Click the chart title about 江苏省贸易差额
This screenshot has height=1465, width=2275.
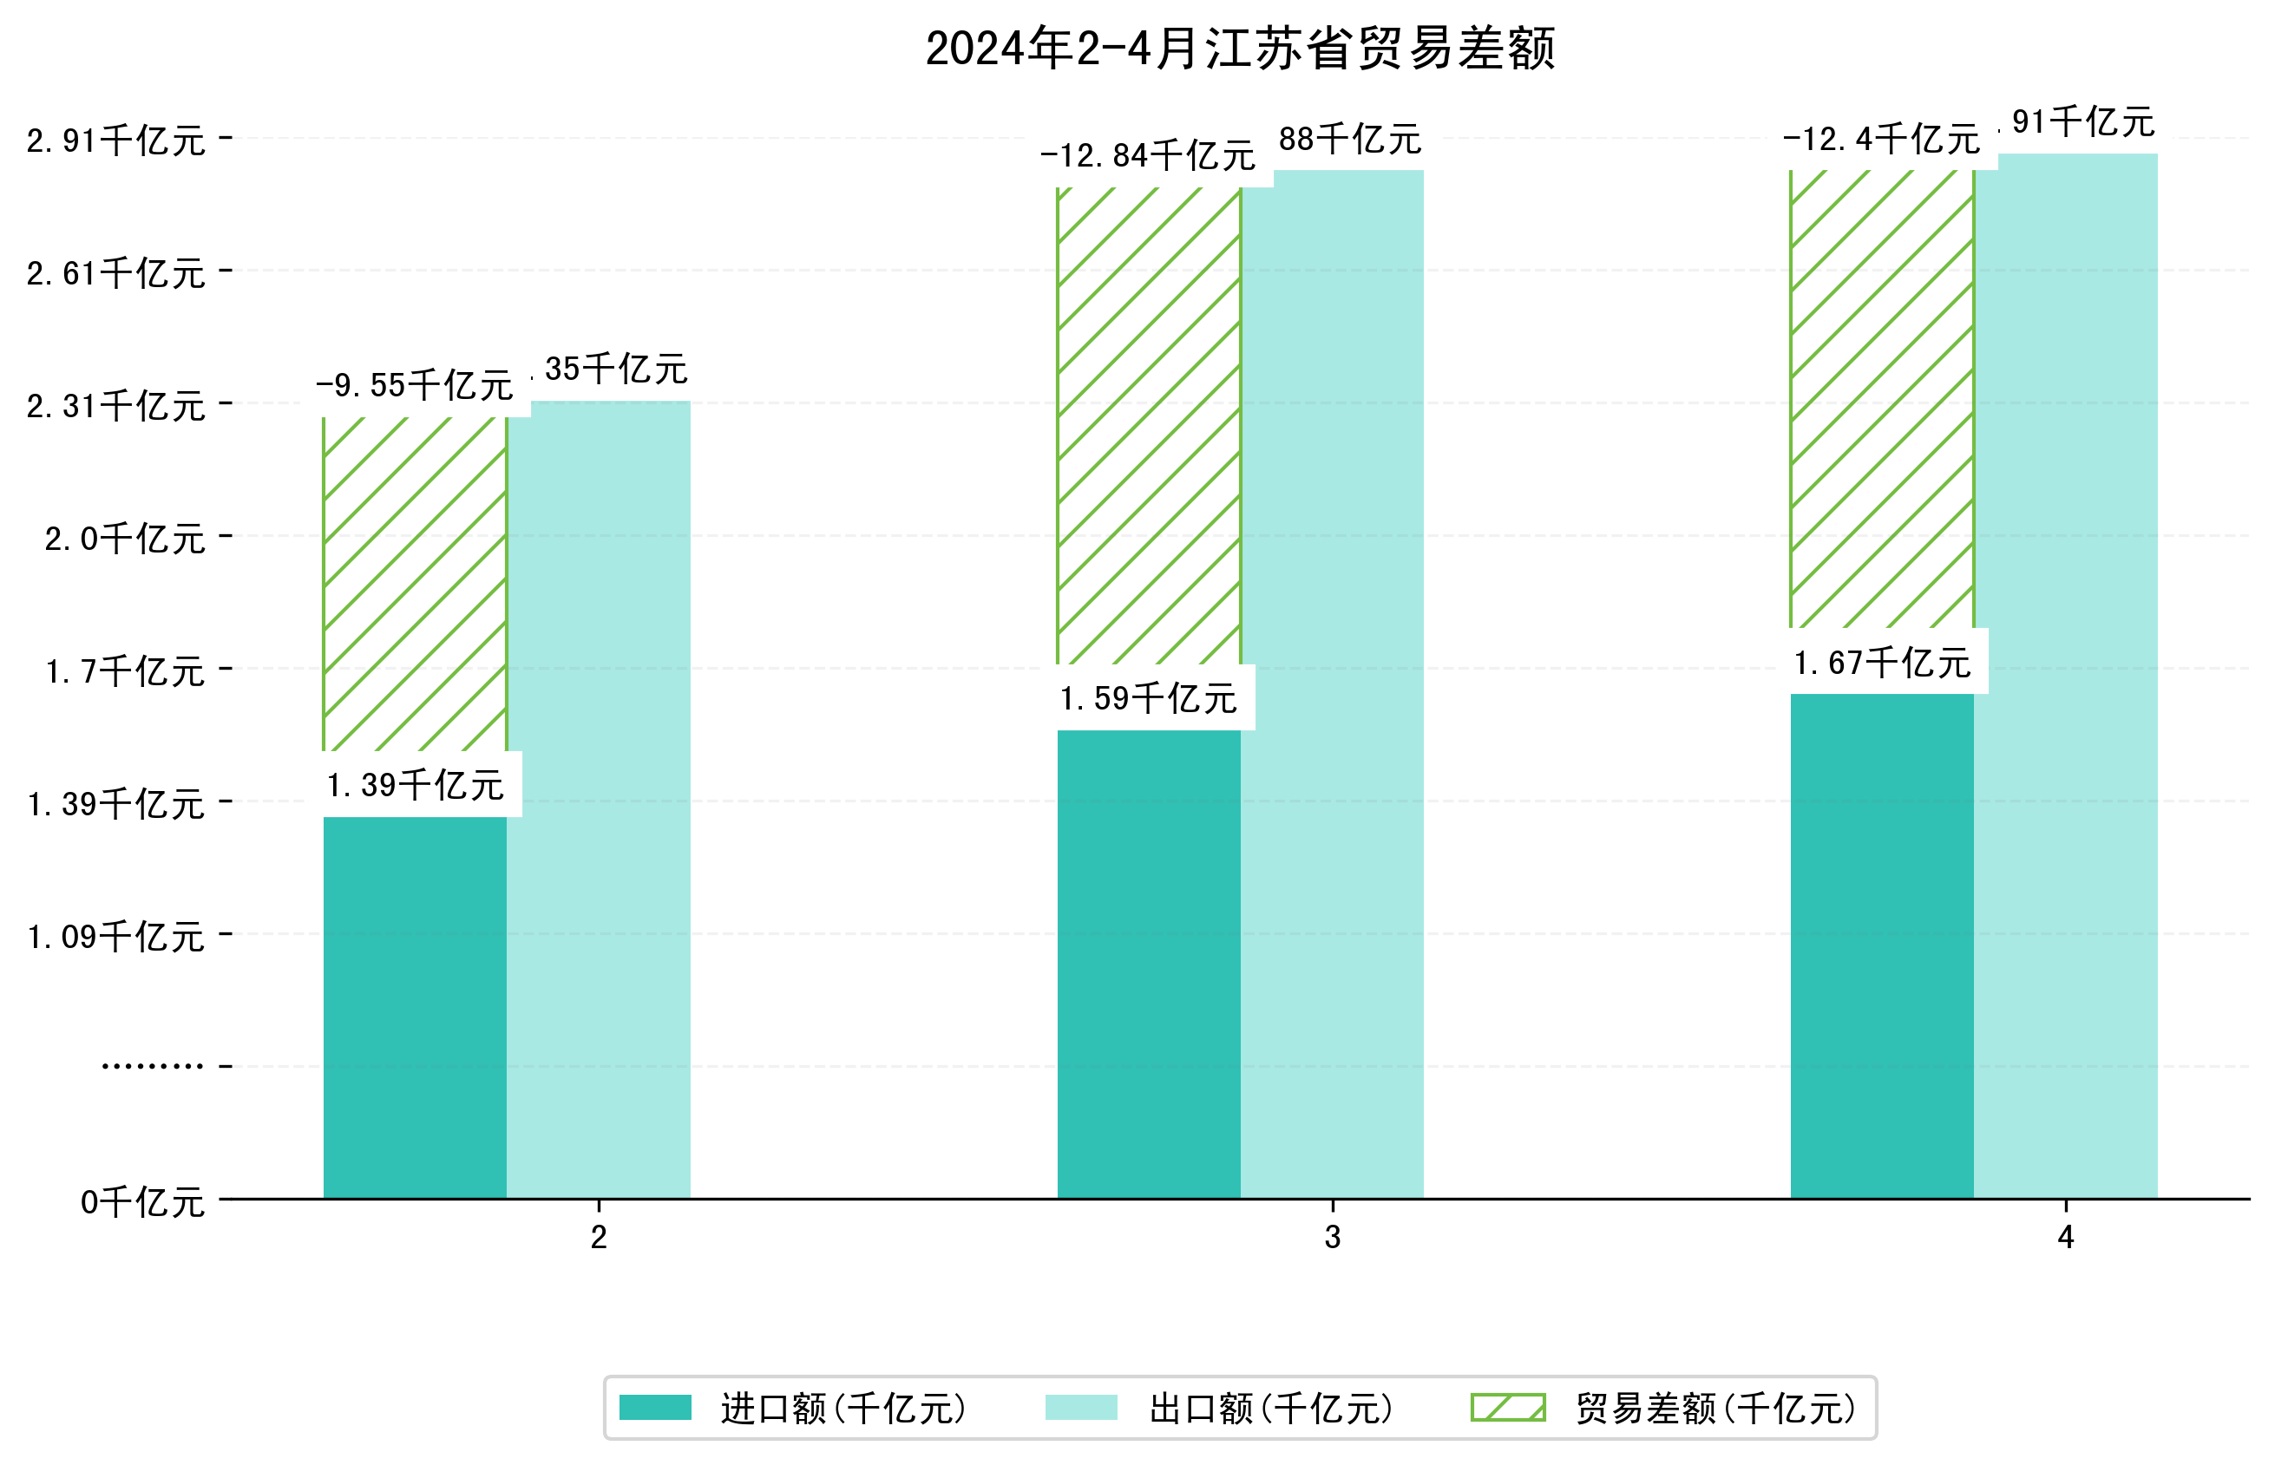point(1239,49)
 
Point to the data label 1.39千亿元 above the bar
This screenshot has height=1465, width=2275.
point(415,786)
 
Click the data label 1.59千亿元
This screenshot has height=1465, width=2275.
point(1149,699)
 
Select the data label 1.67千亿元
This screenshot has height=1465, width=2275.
point(1881,663)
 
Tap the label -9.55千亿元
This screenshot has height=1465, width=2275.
point(415,385)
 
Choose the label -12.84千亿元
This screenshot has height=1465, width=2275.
point(1149,155)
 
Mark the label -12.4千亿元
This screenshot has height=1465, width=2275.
point(1881,139)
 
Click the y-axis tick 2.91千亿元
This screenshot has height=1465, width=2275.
point(116,141)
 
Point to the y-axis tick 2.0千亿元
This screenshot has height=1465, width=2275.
point(125,539)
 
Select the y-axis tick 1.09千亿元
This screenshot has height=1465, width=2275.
point(116,937)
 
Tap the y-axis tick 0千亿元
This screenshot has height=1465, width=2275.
point(142,1202)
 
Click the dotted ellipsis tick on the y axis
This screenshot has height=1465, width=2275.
point(152,1066)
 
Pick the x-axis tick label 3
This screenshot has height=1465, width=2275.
point(1332,1237)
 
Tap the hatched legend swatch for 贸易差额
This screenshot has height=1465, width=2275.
point(1507,1408)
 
